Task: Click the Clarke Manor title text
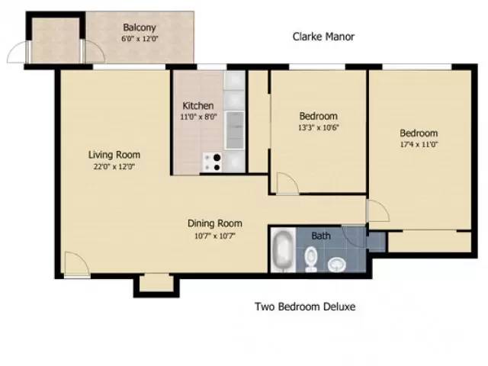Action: pyautogui.click(x=324, y=37)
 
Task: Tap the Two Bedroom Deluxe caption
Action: pyautogui.click(x=304, y=307)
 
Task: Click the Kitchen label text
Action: pyautogui.click(x=197, y=105)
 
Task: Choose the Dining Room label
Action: pyautogui.click(x=215, y=223)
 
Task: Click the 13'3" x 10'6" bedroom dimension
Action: pyautogui.click(x=319, y=127)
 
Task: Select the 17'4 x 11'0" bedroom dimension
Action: pyautogui.click(x=418, y=144)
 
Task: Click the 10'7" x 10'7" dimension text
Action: pyautogui.click(x=215, y=236)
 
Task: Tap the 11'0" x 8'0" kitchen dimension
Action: pyautogui.click(x=197, y=117)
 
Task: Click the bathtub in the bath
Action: pyautogui.click(x=281, y=252)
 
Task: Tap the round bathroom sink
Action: pyautogui.click(x=336, y=264)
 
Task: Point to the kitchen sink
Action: pyautogui.click(x=236, y=127)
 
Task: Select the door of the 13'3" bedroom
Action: pyautogui.click(x=287, y=183)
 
